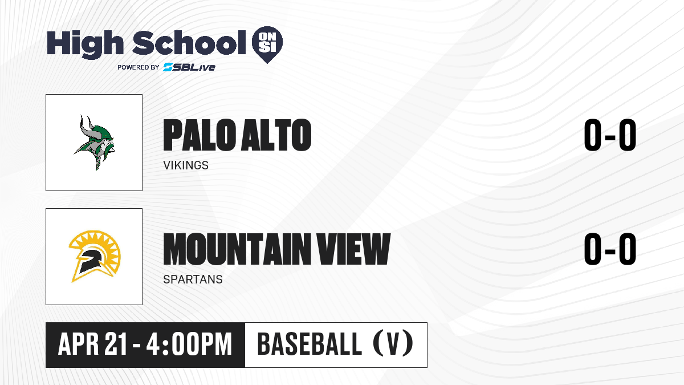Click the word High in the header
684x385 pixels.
pos(85,44)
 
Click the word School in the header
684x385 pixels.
pos(189,43)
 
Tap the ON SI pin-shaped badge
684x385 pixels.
pos(267,44)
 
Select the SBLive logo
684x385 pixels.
pos(189,67)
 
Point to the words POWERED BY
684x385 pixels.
pos(139,67)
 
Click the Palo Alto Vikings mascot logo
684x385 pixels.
pos(95,143)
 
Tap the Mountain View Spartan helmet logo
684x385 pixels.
pos(95,256)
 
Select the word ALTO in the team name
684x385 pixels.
pos(276,135)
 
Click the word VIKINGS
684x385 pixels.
pos(186,165)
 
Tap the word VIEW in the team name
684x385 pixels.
pos(353,249)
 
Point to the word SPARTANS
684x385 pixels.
pos(193,279)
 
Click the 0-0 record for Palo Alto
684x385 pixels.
pos(610,135)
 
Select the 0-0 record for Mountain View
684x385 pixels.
pos(610,249)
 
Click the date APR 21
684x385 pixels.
pos(92,345)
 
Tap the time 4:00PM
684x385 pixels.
pos(189,345)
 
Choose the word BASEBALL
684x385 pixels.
pos(310,345)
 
